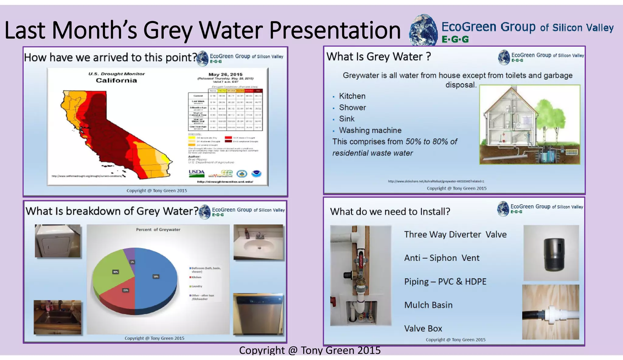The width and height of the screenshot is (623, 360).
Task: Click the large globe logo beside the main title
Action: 423,30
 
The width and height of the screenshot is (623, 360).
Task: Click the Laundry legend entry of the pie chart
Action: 197,286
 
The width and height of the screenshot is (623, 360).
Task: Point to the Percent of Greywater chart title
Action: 158,230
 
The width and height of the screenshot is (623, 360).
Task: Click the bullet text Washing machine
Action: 370,130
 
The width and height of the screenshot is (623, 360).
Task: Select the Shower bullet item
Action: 352,108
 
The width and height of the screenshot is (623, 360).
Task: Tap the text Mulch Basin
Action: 428,305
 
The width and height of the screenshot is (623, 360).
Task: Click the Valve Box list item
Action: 423,329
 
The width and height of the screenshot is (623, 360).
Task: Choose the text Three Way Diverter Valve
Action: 455,235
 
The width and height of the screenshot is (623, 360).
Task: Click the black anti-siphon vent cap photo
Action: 551,253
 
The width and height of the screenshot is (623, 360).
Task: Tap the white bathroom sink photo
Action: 258,242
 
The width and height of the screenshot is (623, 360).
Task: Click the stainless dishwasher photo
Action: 258,314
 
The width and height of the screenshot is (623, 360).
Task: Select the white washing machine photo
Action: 57,241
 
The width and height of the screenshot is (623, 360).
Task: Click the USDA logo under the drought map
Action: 197,173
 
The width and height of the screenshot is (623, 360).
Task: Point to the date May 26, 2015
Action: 225,74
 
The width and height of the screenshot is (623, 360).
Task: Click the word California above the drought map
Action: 116,81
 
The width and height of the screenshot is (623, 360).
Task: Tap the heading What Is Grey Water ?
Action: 378,57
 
